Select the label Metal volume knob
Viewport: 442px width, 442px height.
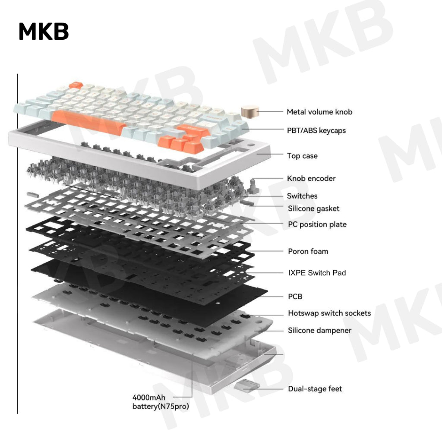point(319,112)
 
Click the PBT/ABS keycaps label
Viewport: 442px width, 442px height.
point(316,130)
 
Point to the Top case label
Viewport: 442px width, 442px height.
point(302,156)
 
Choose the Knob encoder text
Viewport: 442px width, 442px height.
point(311,178)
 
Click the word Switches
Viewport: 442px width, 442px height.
point(302,196)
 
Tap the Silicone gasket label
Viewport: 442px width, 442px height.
point(314,208)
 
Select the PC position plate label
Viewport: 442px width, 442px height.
point(317,224)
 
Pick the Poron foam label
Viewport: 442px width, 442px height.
point(308,251)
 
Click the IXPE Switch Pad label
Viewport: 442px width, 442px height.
point(317,273)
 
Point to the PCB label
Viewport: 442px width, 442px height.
point(295,297)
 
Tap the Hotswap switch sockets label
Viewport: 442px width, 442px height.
point(329,313)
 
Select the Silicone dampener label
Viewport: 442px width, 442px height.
point(320,331)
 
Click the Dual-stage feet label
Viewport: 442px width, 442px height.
point(315,389)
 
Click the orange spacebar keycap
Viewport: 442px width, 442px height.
point(88,118)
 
